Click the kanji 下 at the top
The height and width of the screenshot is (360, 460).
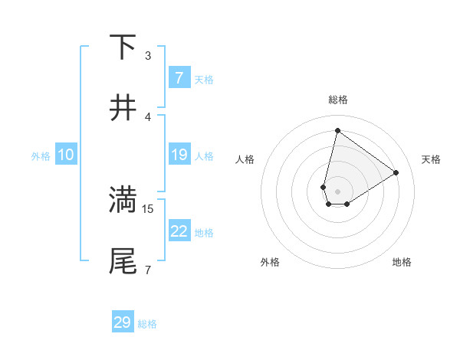click(123, 47)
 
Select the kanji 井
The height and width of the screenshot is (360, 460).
click(123, 108)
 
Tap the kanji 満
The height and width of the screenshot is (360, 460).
click(123, 200)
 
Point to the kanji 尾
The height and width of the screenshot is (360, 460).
click(123, 261)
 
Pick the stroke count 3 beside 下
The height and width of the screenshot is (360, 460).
click(148, 55)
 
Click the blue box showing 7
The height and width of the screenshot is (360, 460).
click(179, 78)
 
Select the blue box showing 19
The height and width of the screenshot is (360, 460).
click(179, 155)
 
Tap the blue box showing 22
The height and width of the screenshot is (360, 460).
click(179, 231)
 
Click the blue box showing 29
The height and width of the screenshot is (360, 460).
click(123, 322)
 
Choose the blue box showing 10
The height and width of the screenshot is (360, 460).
click(66, 155)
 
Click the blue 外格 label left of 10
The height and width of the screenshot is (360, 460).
click(41, 155)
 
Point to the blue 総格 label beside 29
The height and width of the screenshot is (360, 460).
click(147, 324)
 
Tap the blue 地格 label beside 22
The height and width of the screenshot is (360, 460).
click(204, 232)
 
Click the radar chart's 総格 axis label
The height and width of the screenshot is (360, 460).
click(337, 100)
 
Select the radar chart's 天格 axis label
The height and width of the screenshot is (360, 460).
click(431, 159)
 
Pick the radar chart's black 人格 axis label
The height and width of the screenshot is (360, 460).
click(245, 159)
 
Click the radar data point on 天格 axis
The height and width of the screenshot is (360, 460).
click(396, 172)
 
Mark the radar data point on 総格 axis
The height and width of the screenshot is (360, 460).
click(337, 130)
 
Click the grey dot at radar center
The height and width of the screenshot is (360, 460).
click(337, 191)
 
